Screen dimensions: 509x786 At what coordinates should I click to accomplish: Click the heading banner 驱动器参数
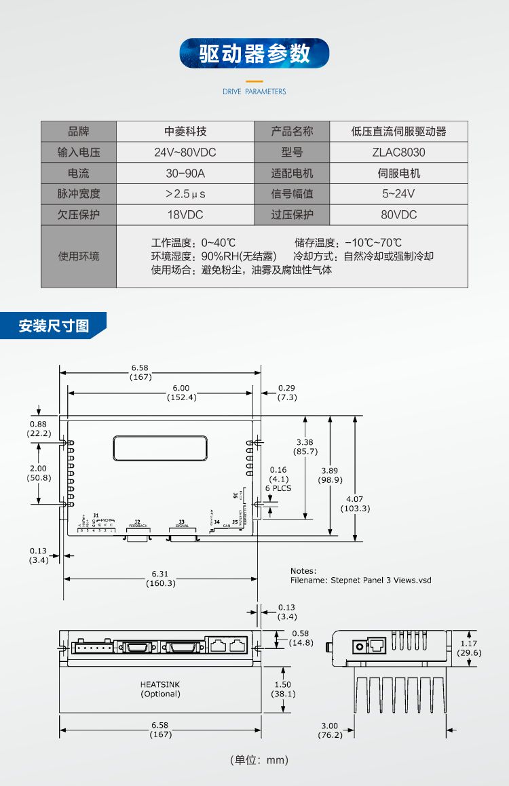click(x=254, y=54)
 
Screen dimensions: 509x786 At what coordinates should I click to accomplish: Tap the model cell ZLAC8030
click(x=398, y=153)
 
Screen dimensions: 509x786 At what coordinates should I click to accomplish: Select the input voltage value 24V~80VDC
click(x=185, y=153)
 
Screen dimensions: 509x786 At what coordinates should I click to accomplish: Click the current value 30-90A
click(x=185, y=174)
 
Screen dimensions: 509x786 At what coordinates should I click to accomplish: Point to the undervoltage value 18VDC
click(x=185, y=215)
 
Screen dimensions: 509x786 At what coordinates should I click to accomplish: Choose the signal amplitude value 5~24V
click(x=398, y=194)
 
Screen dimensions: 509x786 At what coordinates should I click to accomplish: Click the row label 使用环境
click(x=79, y=256)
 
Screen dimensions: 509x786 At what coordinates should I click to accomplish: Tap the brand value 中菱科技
click(x=185, y=132)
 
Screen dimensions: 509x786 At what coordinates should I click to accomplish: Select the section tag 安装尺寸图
click(x=54, y=326)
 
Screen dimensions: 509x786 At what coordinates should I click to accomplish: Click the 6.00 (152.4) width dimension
click(x=181, y=393)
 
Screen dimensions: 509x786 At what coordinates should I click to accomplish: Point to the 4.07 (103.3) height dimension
click(x=354, y=503)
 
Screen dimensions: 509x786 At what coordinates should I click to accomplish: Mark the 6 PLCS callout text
click(x=278, y=488)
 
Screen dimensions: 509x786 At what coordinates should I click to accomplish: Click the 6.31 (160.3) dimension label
click(x=162, y=578)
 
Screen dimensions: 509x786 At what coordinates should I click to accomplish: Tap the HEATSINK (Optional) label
click(x=161, y=689)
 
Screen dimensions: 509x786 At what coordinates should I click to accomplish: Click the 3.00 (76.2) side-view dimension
click(x=331, y=730)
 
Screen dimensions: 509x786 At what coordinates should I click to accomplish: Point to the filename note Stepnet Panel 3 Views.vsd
click(x=360, y=581)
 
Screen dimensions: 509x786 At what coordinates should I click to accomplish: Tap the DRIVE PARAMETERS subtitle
click(x=254, y=92)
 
